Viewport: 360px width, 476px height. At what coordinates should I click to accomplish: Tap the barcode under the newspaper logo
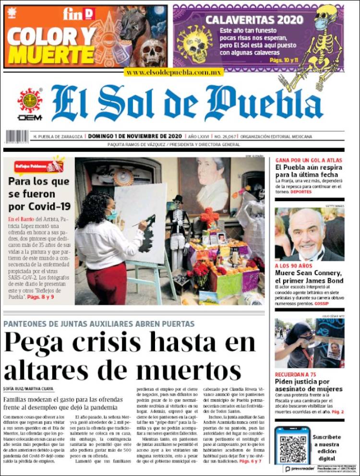click(16, 137)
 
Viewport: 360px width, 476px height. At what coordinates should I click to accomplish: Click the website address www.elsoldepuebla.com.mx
click(173, 72)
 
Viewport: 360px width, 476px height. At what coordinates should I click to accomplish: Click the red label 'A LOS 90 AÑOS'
click(294, 265)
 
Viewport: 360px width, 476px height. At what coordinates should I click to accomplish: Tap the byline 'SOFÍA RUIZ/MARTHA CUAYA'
click(28, 389)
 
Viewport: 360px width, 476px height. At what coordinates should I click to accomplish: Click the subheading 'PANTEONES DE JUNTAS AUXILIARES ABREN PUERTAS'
click(99, 324)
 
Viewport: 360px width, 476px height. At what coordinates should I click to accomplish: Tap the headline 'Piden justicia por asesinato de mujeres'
click(309, 385)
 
